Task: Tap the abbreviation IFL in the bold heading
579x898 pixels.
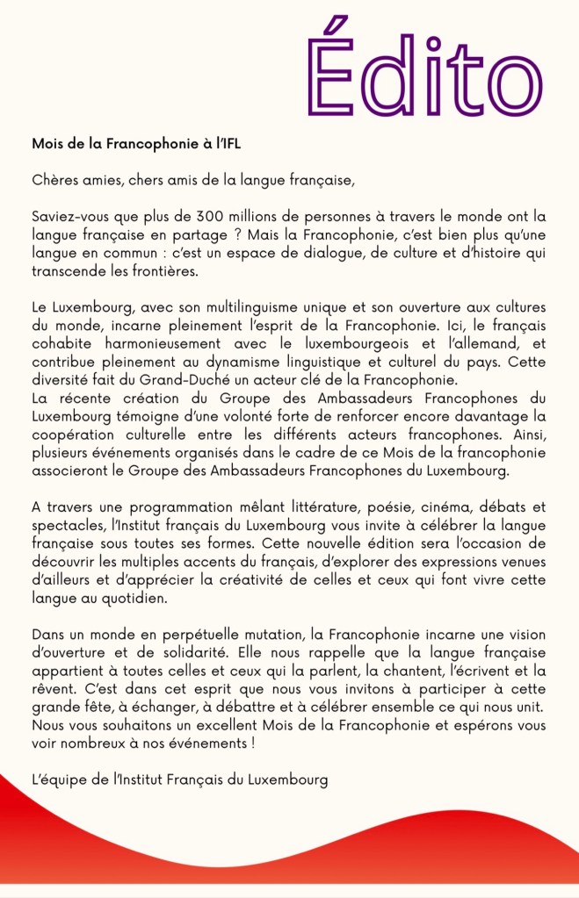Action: click(x=228, y=143)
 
